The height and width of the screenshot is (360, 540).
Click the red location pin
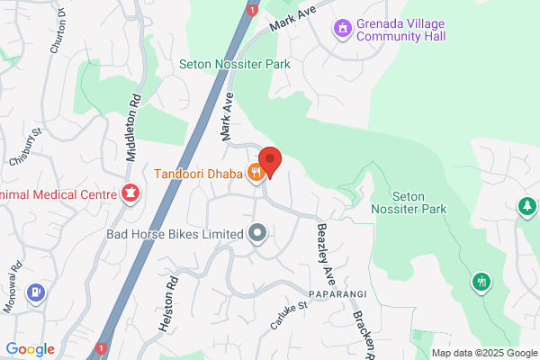(x=269, y=161)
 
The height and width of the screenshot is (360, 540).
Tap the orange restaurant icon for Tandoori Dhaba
(x=256, y=174)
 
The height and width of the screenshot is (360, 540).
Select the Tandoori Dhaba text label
(x=202, y=174)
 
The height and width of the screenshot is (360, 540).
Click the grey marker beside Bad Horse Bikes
(x=257, y=234)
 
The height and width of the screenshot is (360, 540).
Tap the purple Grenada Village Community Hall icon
(x=342, y=30)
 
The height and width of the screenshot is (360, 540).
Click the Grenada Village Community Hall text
(x=401, y=31)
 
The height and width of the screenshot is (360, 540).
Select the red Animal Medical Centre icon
(x=130, y=193)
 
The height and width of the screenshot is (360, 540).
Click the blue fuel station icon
(x=35, y=292)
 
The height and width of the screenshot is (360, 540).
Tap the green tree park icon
(x=526, y=208)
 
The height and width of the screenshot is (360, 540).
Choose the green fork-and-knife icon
(x=481, y=283)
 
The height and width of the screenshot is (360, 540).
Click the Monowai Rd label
(x=10, y=267)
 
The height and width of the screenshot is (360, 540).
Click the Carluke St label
(x=291, y=314)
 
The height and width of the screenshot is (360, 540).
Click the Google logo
(x=30, y=349)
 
